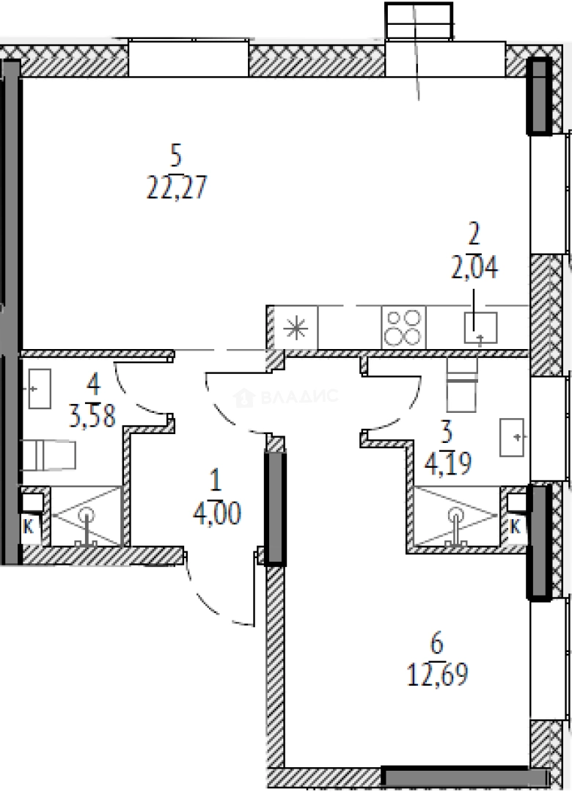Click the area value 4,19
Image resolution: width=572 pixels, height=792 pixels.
(x=447, y=462)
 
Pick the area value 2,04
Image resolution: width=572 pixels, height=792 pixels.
(x=474, y=268)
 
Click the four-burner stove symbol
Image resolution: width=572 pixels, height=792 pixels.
(x=403, y=327)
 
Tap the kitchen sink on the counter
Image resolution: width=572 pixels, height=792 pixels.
(x=481, y=328)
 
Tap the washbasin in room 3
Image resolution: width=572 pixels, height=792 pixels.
(x=513, y=437)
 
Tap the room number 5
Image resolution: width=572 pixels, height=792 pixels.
(x=176, y=155)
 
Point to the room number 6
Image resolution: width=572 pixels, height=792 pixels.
(x=437, y=645)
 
